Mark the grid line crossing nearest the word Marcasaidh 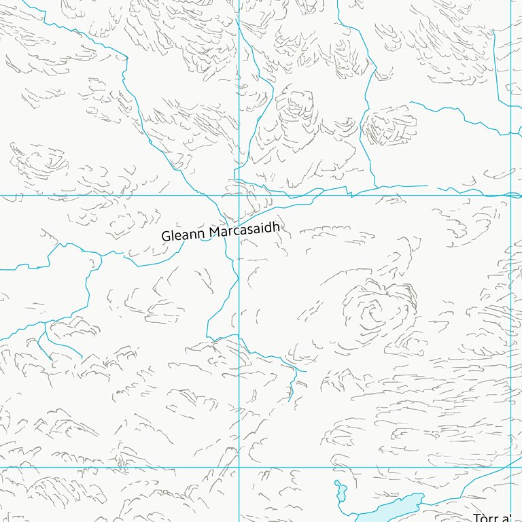(239, 195)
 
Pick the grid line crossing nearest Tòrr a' (510, 467)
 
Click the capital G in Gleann (165, 237)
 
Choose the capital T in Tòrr (476, 519)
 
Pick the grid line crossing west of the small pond (239, 467)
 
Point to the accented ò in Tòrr (485, 518)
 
